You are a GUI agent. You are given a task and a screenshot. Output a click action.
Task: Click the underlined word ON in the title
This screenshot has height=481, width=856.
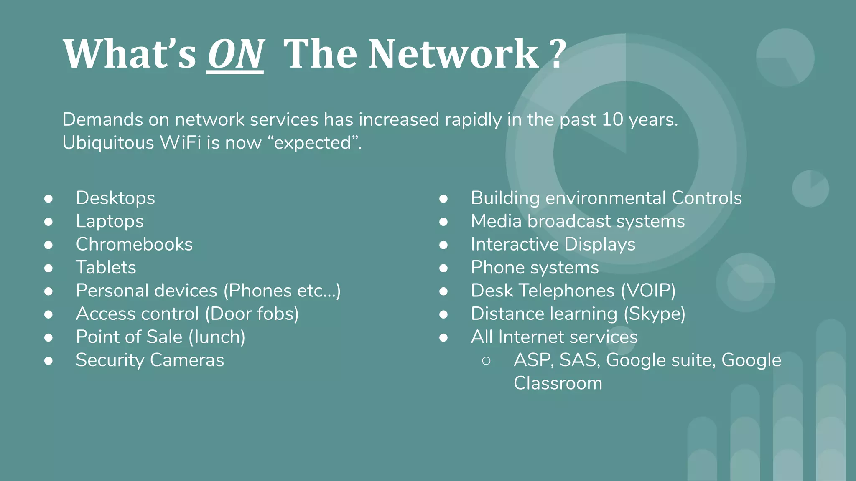[235, 54]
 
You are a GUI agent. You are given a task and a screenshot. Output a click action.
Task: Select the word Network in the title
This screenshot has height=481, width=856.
[453, 54]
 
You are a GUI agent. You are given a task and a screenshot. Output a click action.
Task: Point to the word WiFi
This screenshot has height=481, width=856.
[181, 143]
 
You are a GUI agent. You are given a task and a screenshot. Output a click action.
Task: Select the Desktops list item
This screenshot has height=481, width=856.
[115, 198]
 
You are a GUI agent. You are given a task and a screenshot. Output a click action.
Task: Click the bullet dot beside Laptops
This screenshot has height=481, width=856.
[48, 221]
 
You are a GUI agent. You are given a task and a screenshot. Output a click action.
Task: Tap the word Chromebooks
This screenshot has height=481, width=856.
[134, 244]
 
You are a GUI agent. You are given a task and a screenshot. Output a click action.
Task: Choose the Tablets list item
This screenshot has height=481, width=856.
[106, 268]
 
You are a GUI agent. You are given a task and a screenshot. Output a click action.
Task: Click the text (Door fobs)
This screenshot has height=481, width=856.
[252, 314]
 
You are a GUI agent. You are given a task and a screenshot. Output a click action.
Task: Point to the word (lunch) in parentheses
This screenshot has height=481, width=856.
[217, 337]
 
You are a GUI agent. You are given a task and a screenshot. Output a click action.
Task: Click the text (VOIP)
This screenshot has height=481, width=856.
[648, 291]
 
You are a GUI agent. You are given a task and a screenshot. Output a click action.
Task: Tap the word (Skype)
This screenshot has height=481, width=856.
[654, 314]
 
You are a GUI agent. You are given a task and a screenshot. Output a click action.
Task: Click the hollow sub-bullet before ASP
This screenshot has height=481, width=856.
[486, 360]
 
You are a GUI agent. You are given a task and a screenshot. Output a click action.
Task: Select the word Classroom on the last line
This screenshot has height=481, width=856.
[558, 383]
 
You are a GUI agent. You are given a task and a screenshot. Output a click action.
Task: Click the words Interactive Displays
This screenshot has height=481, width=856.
[553, 244]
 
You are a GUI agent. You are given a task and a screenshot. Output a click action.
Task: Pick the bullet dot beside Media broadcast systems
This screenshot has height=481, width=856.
[443, 221]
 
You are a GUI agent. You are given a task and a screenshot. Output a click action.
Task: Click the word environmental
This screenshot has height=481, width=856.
[606, 198]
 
